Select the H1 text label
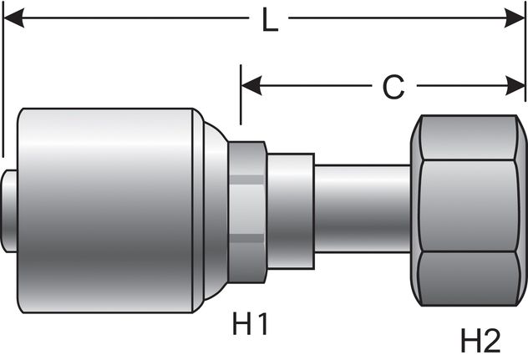[251, 324]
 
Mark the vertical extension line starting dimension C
[240, 100]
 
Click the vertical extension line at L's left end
[3, 84]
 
